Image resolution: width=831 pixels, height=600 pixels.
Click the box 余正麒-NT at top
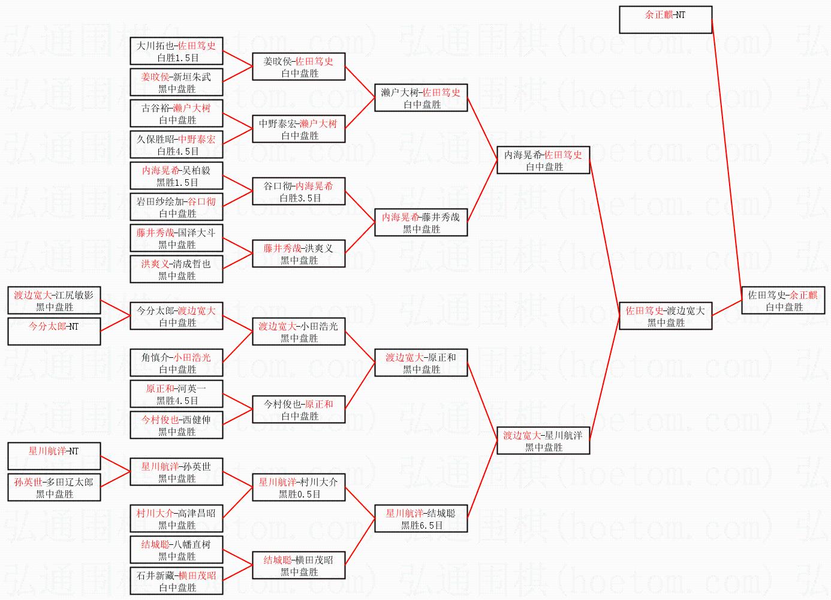coord(665,20)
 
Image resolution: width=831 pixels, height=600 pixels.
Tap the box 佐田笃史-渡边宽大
coord(665,316)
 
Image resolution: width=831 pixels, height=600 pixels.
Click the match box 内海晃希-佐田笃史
coord(543,161)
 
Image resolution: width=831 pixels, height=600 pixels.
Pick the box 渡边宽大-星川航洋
coord(543,441)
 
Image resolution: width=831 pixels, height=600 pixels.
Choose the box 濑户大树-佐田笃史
coord(421,98)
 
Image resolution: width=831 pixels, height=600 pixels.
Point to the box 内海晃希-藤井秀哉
coord(421,223)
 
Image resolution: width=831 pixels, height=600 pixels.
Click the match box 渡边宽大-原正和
coord(421,363)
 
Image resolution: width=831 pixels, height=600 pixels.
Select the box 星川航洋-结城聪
coord(421,519)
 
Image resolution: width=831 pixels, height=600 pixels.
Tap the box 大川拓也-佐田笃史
coord(176,52)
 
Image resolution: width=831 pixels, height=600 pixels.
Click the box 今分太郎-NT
coord(54,332)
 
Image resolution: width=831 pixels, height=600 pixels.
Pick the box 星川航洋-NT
coord(54,457)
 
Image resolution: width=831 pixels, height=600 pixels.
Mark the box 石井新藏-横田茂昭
coord(176,581)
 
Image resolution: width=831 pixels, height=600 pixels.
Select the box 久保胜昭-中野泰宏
coord(176,145)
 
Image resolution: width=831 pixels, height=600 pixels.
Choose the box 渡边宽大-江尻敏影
coord(54,301)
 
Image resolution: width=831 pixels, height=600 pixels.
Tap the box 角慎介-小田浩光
coord(176,363)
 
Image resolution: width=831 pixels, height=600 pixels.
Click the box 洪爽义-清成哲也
coord(176,270)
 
